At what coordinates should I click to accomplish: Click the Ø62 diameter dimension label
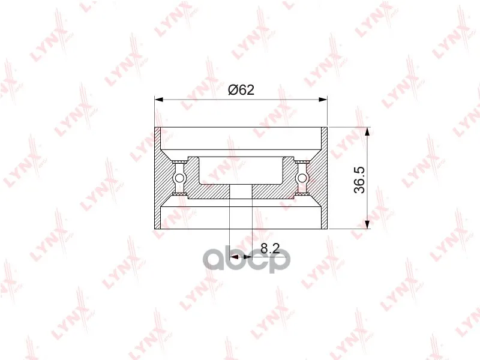pyautogui.click(x=241, y=89)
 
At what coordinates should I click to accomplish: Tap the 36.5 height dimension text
pyautogui.click(x=359, y=179)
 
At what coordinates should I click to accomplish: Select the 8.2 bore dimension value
pyautogui.click(x=271, y=248)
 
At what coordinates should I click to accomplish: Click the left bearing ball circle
pyautogui.click(x=179, y=178)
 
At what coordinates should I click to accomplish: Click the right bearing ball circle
pyautogui.click(x=302, y=178)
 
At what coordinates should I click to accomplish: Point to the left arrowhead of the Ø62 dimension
pyautogui.click(x=158, y=99)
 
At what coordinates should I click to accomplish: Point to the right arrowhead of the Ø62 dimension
pyautogui.click(x=323, y=99)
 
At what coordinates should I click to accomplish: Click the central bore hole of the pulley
pyautogui.click(x=241, y=191)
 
